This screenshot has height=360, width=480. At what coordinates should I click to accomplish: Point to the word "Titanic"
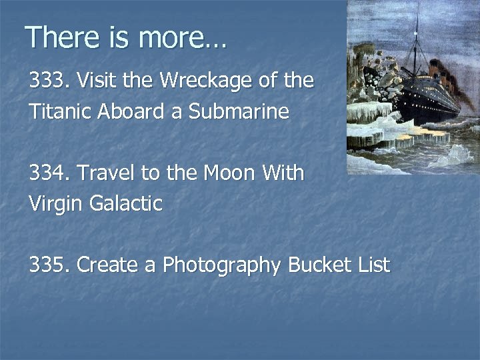[55, 111]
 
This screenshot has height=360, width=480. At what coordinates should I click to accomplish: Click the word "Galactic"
[127, 203]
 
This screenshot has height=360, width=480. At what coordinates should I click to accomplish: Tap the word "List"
[373, 265]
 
